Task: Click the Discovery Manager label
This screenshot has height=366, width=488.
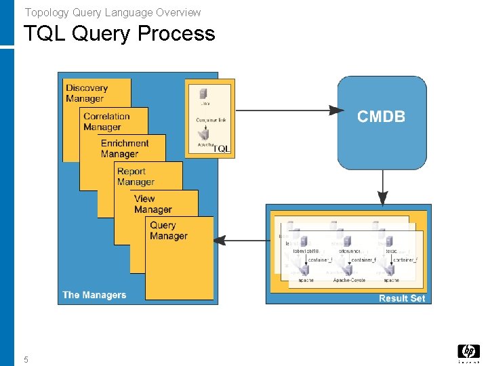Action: click(x=87, y=93)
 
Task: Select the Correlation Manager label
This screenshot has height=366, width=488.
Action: click(x=106, y=121)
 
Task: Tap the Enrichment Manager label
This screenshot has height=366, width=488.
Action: click(x=125, y=148)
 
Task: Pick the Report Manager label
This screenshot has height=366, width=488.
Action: click(x=136, y=176)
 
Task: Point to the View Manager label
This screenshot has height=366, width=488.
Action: click(x=152, y=204)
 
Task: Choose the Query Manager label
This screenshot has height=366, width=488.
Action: click(x=168, y=230)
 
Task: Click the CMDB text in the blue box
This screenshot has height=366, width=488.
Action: click(x=381, y=117)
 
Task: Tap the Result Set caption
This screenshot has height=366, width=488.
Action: click(x=402, y=298)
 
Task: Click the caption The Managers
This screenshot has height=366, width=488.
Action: click(x=94, y=295)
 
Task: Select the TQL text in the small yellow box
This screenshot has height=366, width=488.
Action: click(x=222, y=148)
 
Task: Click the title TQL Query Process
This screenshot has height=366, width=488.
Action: click(x=119, y=33)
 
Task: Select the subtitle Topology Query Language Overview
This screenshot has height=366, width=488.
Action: click(x=113, y=12)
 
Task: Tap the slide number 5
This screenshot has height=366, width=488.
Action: click(x=26, y=360)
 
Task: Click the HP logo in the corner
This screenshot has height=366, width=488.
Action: click(x=468, y=352)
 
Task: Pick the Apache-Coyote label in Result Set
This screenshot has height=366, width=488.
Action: click(x=349, y=280)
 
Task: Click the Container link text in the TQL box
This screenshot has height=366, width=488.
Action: click(x=211, y=120)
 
